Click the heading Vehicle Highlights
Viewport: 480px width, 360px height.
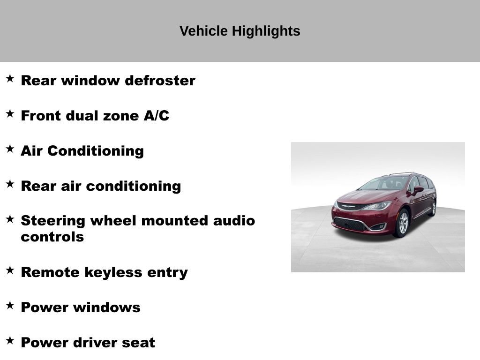[x=240, y=31]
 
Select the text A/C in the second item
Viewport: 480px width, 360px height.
[x=157, y=116]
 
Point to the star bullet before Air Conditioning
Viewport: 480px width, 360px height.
[x=10, y=149]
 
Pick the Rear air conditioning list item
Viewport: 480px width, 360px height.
[x=101, y=186]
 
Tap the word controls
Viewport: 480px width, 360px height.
[x=52, y=237]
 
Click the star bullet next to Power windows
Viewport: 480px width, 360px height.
[x=10, y=305]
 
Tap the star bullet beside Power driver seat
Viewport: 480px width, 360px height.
[x=10, y=340]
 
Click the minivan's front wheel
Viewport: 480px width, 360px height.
[x=403, y=223]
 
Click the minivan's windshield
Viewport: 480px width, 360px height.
[x=384, y=183]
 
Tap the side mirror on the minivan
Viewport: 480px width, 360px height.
[x=417, y=190]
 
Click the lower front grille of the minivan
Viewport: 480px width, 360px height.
[x=350, y=224]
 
